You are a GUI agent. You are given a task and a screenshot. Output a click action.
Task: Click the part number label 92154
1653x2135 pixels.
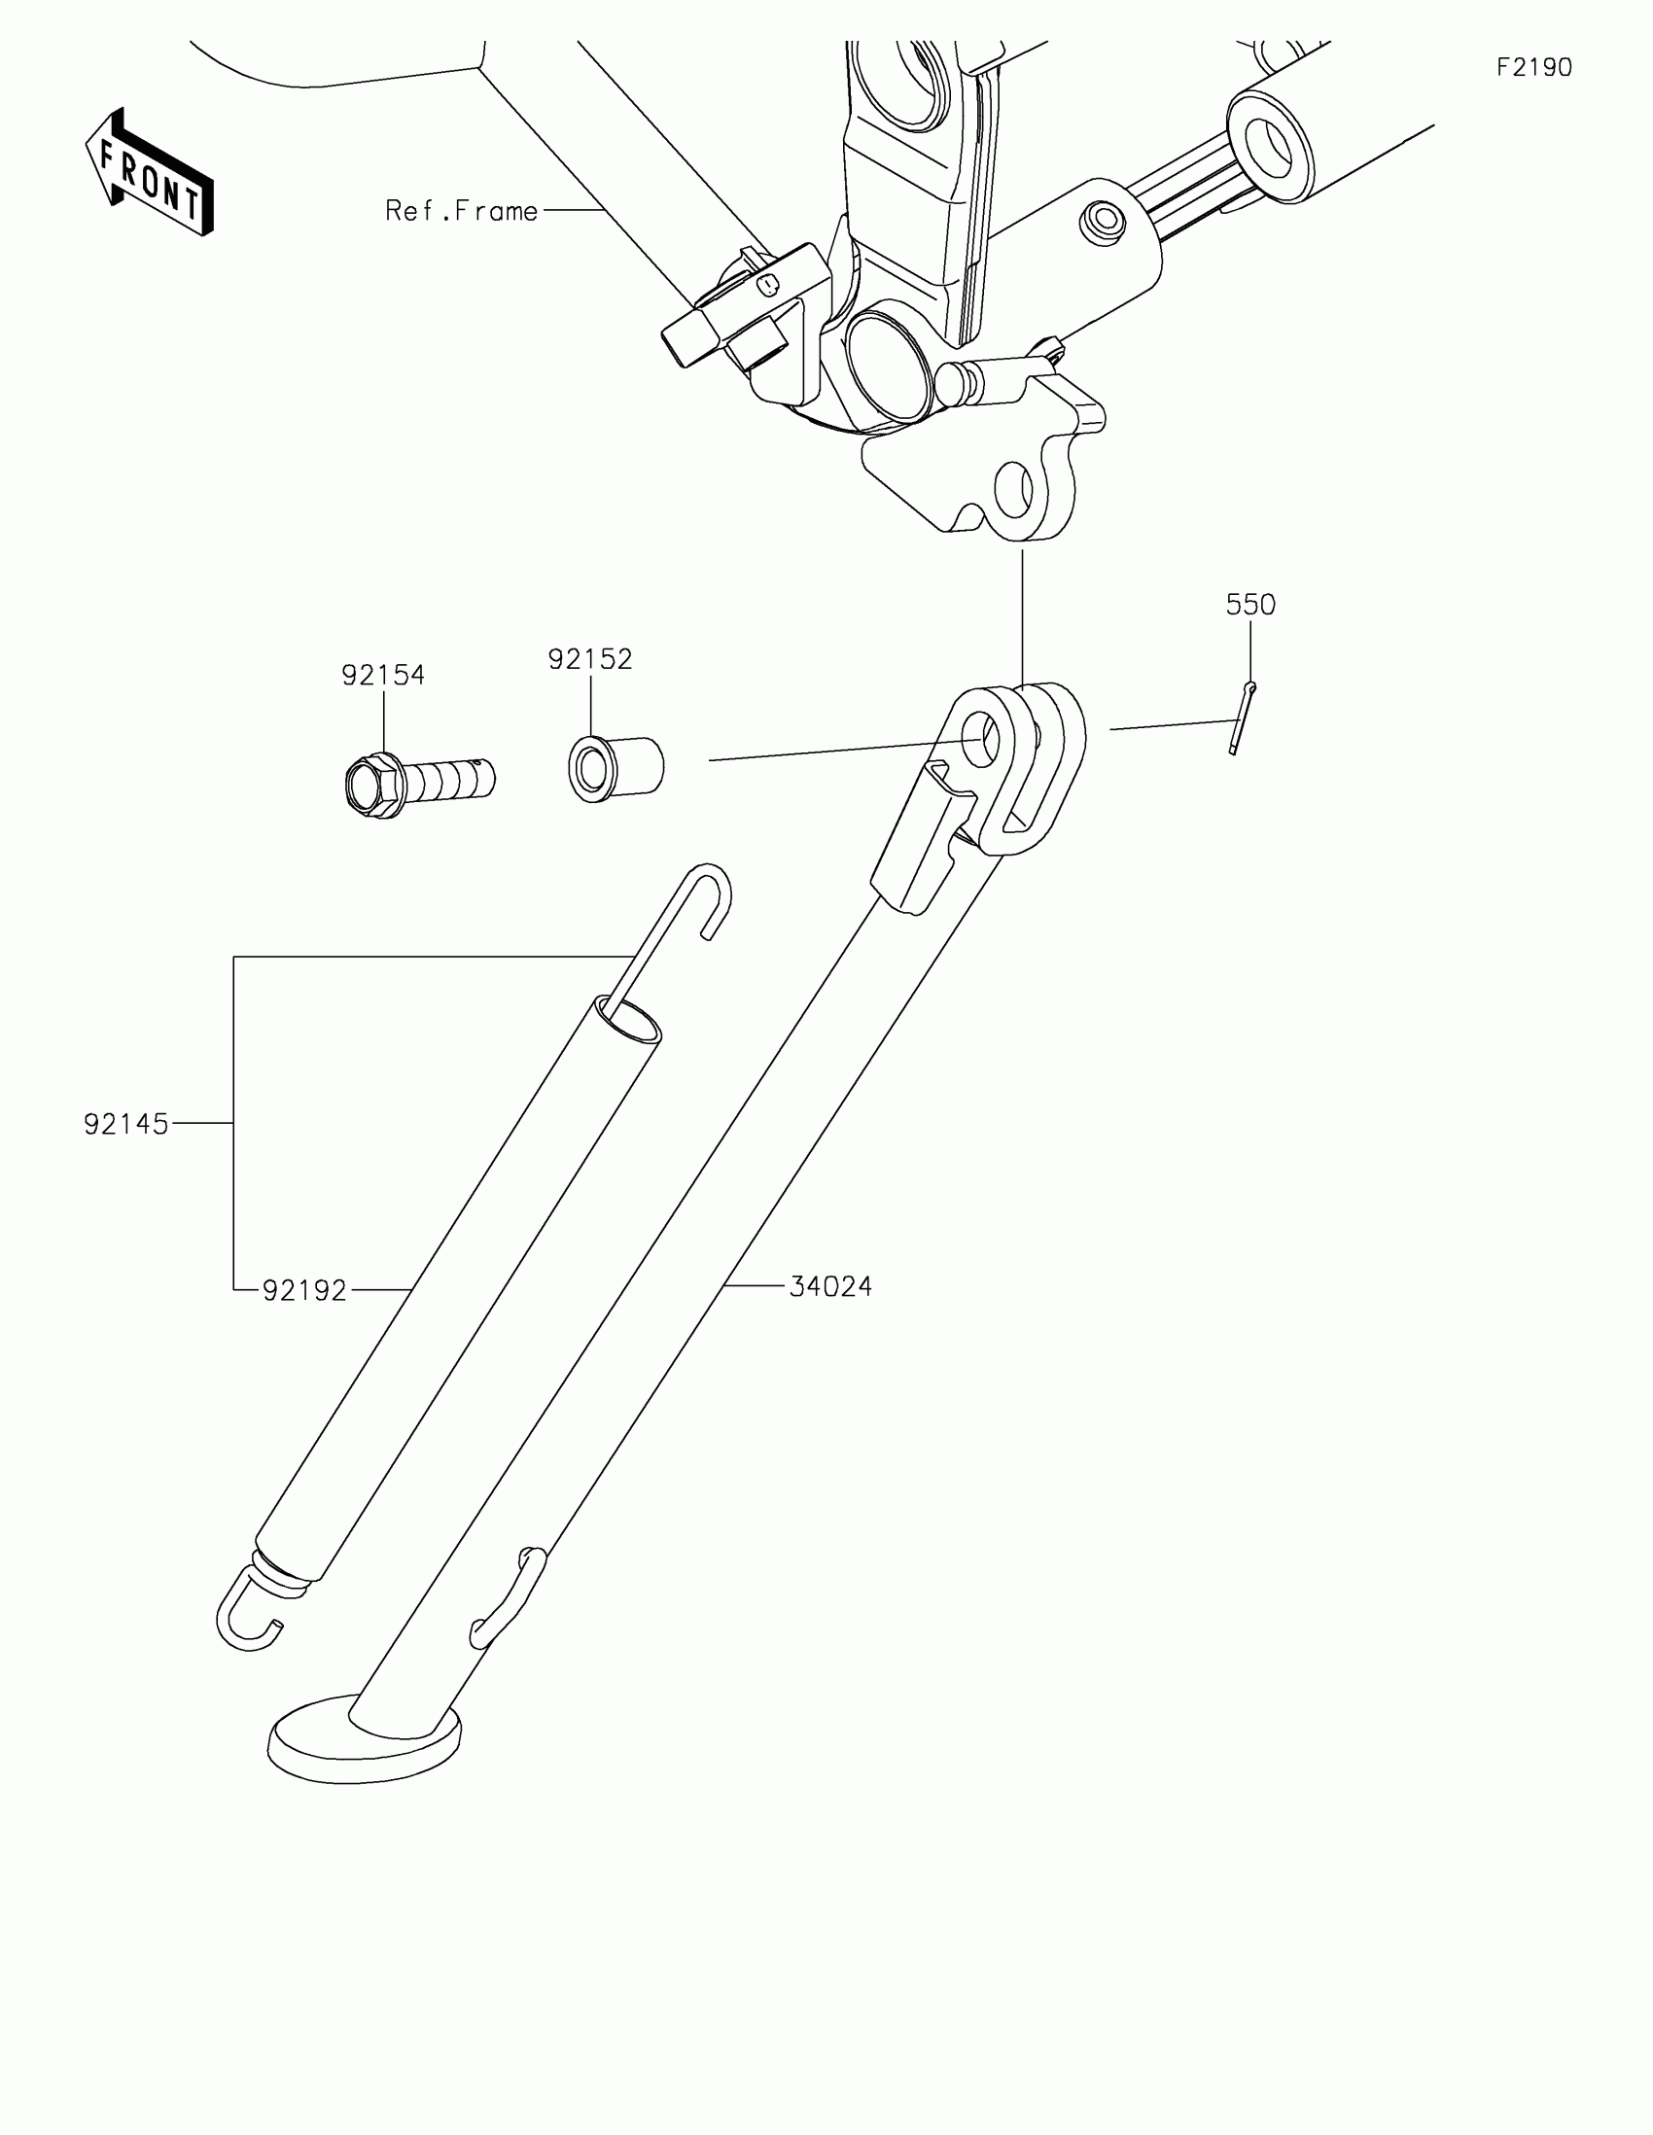pos(383,675)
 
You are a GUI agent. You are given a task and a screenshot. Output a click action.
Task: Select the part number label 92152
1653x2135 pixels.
pos(589,659)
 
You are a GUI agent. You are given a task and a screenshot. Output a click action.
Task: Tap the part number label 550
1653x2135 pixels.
pos(1250,605)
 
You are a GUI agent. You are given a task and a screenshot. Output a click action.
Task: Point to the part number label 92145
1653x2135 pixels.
pos(126,1124)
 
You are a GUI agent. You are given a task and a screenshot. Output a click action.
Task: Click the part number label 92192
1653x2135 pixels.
pos(305,1290)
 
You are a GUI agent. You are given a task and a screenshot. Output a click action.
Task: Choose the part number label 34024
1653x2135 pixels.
pos(830,1286)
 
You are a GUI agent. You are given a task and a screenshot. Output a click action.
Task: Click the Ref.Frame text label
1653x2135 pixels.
pos(462,211)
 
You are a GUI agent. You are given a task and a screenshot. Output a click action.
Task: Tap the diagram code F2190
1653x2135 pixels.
pos(1533,67)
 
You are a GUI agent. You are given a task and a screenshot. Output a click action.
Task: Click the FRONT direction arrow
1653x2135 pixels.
pos(150,174)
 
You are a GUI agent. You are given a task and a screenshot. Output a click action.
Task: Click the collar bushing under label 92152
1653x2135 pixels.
pos(615,767)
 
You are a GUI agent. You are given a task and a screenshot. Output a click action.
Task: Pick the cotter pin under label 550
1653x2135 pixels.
pos(1243,718)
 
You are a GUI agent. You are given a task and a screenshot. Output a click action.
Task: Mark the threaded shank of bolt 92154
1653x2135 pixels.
pos(451,779)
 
